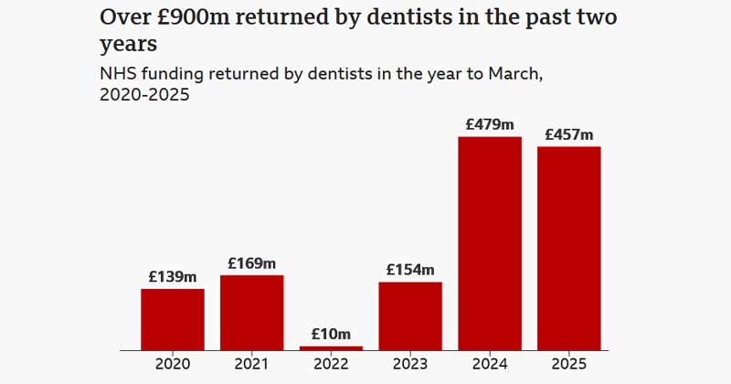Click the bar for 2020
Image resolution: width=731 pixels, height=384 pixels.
(173, 319)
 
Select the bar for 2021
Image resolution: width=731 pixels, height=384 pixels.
(252, 313)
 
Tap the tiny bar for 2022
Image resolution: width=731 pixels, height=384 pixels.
(331, 347)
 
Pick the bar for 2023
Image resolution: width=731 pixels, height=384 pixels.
(410, 315)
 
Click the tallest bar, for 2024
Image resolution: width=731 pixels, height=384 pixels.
(490, 243)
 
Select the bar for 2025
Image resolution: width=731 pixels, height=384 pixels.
(568, 248)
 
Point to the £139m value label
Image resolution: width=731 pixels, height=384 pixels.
(173, 276)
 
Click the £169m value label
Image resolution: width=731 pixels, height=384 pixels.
(252, 263)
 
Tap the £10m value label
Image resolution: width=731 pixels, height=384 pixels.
(331, 334)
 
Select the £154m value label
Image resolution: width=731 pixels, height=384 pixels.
(410, 270)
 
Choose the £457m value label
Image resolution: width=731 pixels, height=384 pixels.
(568, 134)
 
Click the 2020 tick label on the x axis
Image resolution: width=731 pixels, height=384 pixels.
(173, 364)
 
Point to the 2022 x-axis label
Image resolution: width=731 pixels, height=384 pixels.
(331, 364)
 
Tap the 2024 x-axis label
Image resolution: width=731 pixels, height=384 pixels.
(490, 364)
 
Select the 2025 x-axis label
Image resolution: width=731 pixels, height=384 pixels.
(568, 364)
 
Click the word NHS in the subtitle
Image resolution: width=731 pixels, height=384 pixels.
(118, 74)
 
